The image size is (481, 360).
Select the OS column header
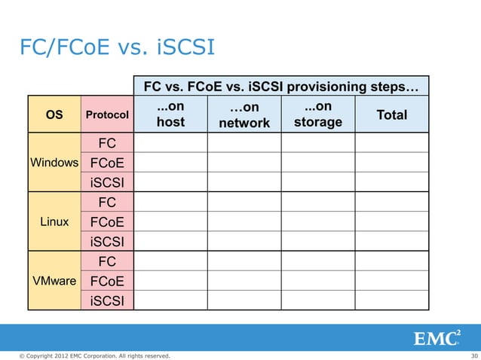click(x=54, y=115)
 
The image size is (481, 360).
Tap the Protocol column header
click(x=106, y=115)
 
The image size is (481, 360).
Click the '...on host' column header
click(x=170, y=114)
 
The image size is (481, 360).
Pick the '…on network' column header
click(x=244, y=115)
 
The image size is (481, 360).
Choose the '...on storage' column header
click(x=317, y=114)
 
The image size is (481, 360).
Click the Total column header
click(x=391, y=115)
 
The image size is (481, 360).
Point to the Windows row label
click(x=54, y=163)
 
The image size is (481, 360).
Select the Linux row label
click(x=54, y=222)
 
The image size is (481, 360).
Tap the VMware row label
click(x=54, y=281)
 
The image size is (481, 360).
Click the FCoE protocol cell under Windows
click(x=106, y=163)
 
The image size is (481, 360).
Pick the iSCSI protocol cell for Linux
click(x=106, y=242)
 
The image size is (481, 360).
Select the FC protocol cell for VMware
click(x=106, y=261)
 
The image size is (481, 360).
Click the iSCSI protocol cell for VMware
click(x=106, y=301)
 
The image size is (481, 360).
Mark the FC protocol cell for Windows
click(x=106, y=143)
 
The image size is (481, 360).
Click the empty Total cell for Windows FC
click(x=391, y=143)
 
